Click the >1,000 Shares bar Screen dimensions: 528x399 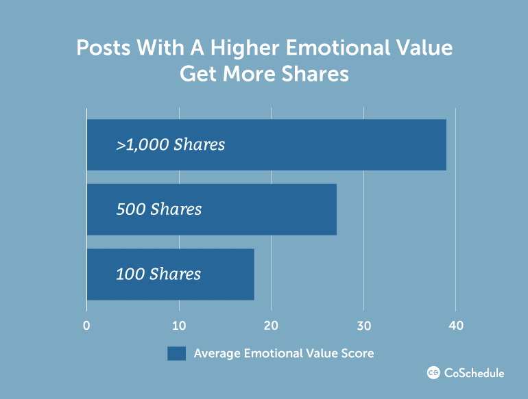tap(267, 145)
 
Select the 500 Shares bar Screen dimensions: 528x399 tap(212, 209)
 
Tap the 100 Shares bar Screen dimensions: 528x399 tap(171, 274)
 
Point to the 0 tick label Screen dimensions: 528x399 tap(86, 325)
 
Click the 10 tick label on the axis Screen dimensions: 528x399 tap(179, 325)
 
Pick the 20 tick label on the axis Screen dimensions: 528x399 tap(271, 325)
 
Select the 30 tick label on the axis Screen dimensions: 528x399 tap(363, 325)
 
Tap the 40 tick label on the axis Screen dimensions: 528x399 tap(456, 325)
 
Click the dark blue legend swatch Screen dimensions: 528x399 tap(176, 354)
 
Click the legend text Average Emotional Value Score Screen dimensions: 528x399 tap(284, 353)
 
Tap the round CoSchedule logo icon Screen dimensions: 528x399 tap(433, 373)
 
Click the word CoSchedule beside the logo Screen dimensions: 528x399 tap(474, 373)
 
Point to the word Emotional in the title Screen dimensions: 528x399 tap(338, 47)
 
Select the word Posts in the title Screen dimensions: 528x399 tap(104, 47)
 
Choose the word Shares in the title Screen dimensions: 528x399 tap(315, 74)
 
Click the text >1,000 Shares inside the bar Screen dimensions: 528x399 tap(170, 145)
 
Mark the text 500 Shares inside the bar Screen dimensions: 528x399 tap(159, 209)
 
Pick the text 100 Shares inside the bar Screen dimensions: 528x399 tap(158, 274)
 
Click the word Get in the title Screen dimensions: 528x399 tap(198, 74)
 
